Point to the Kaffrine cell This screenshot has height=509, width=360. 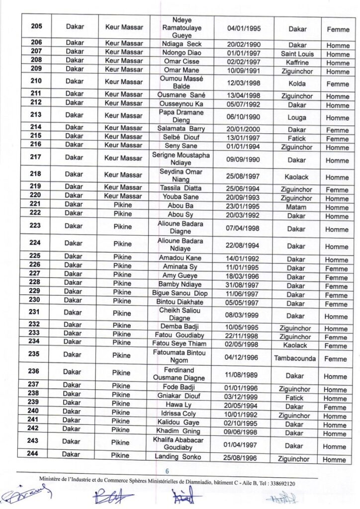pos(296,63)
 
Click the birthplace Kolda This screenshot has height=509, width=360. pos(296,82)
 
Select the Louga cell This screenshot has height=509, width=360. pos(296,118)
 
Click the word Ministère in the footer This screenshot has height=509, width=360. pos(54,479)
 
